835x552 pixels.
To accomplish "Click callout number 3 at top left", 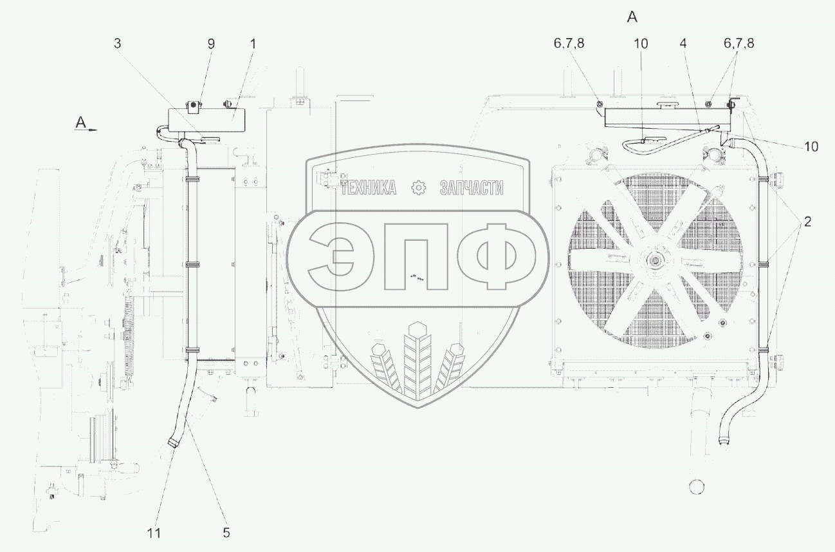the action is [x=118, y=44].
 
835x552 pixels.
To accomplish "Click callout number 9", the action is [x=211, y=44].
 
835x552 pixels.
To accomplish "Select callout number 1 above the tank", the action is [x=253, y=44].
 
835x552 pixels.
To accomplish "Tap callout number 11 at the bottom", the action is [x=154, y=533].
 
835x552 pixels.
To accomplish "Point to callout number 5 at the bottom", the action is [x=226, y=533].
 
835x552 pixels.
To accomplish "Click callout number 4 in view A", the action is [x=683, y=44].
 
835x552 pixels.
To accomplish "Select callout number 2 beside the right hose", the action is [x=807, y=222].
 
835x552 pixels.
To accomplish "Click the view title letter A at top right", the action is [x=632, y=17].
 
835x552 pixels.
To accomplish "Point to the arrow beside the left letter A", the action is [x=92, y=130].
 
